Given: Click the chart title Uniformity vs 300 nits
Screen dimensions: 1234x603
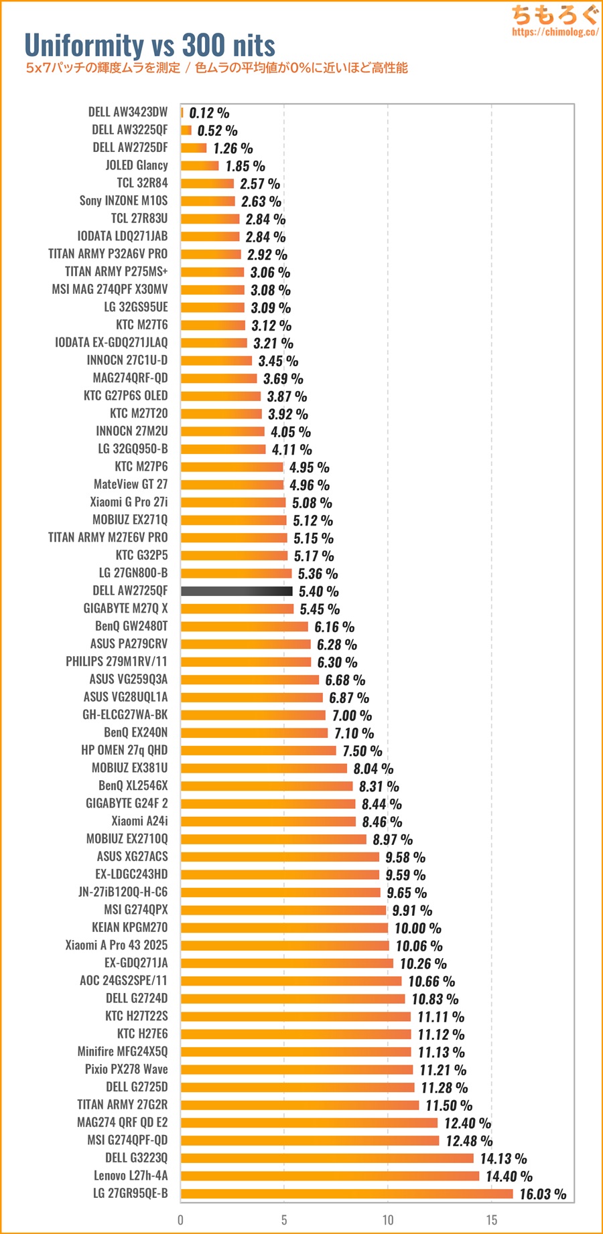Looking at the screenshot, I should pyautogui.click(x=149, y=46).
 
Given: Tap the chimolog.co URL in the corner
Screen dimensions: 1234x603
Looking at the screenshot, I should pyautogui.click(x=555, y=31).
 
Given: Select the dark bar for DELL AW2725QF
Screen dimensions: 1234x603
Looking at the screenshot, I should pyautogui.click(x=237, y=591).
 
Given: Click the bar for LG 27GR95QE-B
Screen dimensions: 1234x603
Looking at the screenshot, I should pyautogui.click(x=346, y=1193).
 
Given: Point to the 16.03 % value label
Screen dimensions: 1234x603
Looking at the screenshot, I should pyautogui.click(x=543, y=1194).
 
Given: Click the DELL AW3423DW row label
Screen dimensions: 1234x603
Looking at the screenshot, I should pyautogui.click(x=128, y=112).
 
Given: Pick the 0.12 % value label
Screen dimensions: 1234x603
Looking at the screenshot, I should pyautogui.click(x=209, y=113).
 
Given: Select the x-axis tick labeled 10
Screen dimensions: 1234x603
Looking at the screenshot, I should pyautogui.click(x=388, y=1220).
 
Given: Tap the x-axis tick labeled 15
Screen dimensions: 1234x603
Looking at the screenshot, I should pyautogui.click(x=492, y=1220).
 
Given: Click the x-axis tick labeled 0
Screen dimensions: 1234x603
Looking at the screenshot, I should pyautogui.click(x=180, y=1220).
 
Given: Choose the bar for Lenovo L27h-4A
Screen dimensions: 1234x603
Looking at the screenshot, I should pyautogui.click(x=330, y=1176).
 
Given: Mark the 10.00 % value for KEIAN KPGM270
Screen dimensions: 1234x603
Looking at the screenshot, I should pyautogui.click(x=417, y=928).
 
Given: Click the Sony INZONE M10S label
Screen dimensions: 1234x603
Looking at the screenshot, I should pyautogui.click(x=123, y=201).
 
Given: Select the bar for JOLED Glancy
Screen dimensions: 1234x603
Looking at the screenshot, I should pyautogui.click(x=200, y=165).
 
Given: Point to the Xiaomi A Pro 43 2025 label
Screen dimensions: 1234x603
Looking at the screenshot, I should pyautogui.click(x=117, y=945).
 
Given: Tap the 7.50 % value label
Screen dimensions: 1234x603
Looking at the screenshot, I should pyautogui.click(x=362, y=751).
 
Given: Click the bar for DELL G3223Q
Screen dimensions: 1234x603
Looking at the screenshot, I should pyautogui.click(x=327, y=1158).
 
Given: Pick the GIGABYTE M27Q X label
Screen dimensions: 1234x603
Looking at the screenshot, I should pyautogui.click(x=125, y=609).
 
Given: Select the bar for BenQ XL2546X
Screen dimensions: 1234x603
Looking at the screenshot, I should pyautogui.click(x=267, y=786).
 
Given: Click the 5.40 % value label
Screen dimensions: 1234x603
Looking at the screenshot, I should pyautogui.click(x=318, y=591).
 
